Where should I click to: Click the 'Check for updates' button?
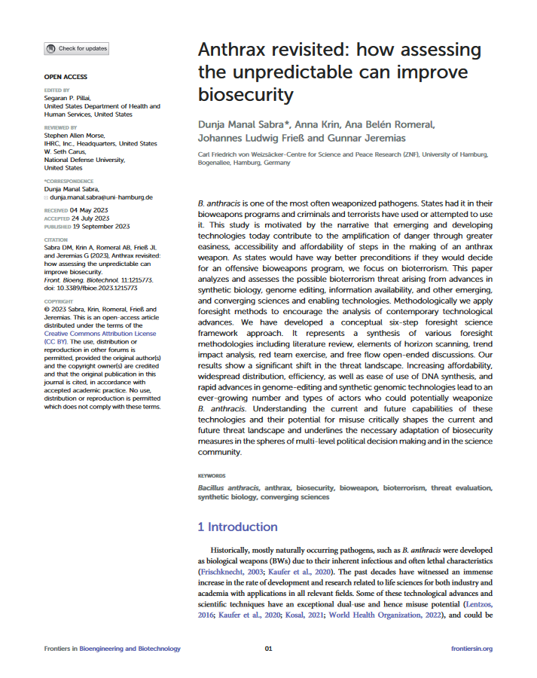(x=77, y=48)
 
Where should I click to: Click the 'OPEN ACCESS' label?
(x=66, y=77)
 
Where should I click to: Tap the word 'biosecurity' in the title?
(x=245, y=96)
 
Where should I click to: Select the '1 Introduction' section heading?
(x=237, y=527)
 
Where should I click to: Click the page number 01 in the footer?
(x=269, y=649)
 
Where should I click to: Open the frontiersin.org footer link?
(x=471, y=649)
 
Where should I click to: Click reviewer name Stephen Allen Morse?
(x=79, y=136)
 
